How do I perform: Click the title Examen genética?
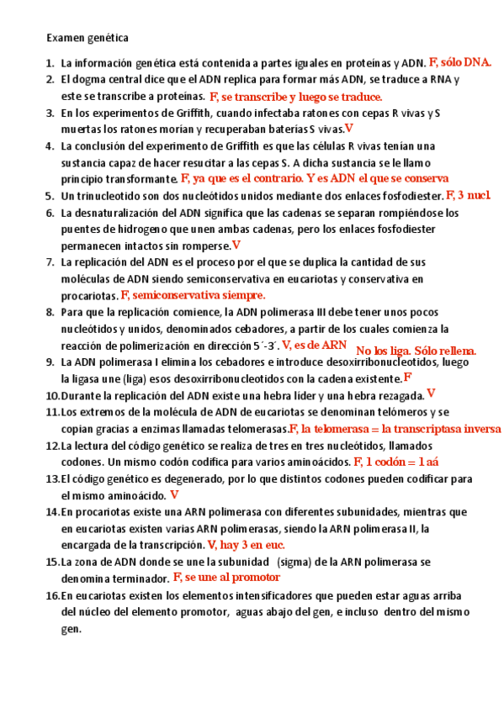[x=88, y=38]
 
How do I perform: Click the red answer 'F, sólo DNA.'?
[x=460, y=62]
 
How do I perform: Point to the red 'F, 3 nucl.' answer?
[x=468, y=195]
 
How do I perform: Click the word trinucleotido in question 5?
[x=109, y=196]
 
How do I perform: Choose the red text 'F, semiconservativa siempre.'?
[x=193, y=295]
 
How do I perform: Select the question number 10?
[x=52, y=395]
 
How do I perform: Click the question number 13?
[x=52, y=478]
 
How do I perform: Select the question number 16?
[x=52, y=595]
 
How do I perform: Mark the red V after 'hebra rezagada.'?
[x=431, y=393]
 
